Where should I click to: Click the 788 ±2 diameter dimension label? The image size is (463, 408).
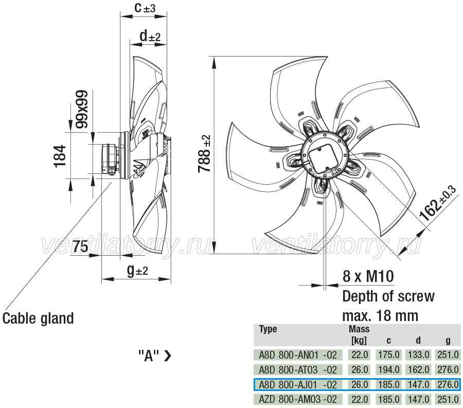(x=204, y=153)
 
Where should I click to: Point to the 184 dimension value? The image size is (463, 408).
(x=60, y=156)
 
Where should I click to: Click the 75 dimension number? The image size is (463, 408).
(x=80, y=246)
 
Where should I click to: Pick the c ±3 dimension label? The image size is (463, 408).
(x=145, y=8)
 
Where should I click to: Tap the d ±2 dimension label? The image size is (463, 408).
(x=150, y=36)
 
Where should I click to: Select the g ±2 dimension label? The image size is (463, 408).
(x=137, y=270)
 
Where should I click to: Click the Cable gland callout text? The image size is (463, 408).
(x=38, y=318)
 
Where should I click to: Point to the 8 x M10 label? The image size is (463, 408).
(x=368, y=276)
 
